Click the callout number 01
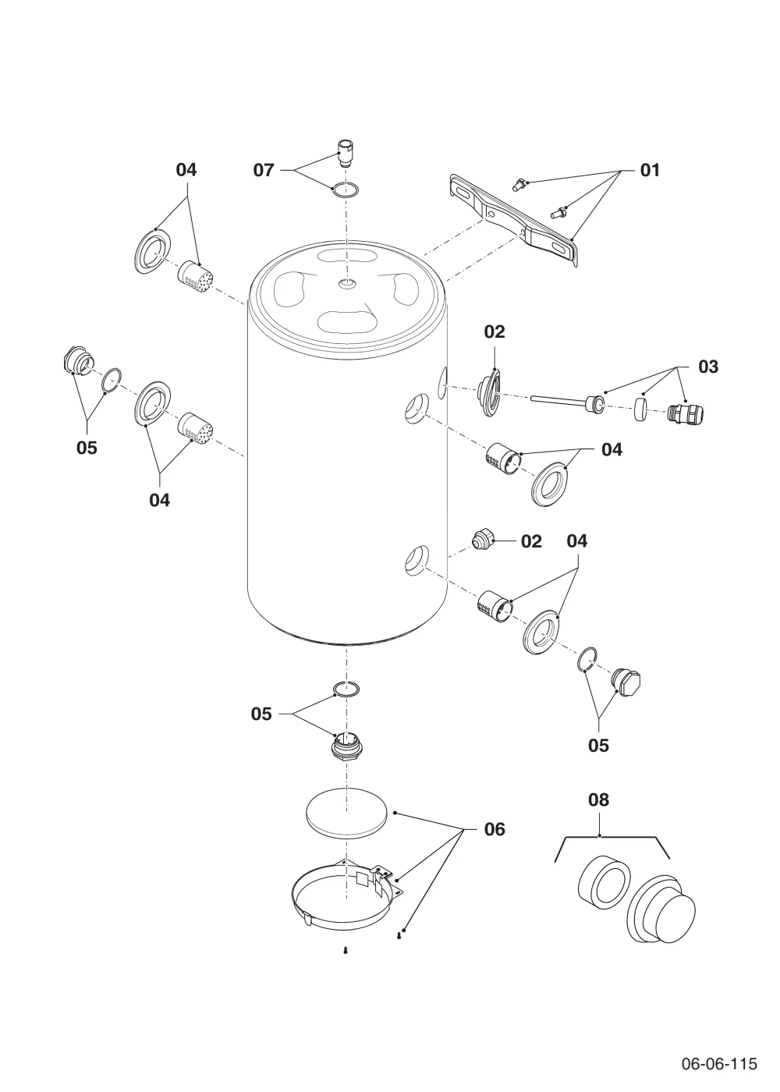tap(649, 170)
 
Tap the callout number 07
tap(264, 170)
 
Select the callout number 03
tap(708, 367)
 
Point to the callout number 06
tap(495, 829)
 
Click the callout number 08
tap(598, 799)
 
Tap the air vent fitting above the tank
tap(345, 154)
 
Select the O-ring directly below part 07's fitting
tap(346, 189)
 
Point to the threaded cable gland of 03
tap(686, 413)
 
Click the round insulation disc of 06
tap(346, 813)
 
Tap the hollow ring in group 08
tap(604, 883)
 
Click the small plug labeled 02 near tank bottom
tap(484, 540)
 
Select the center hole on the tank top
tap(348, 283)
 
